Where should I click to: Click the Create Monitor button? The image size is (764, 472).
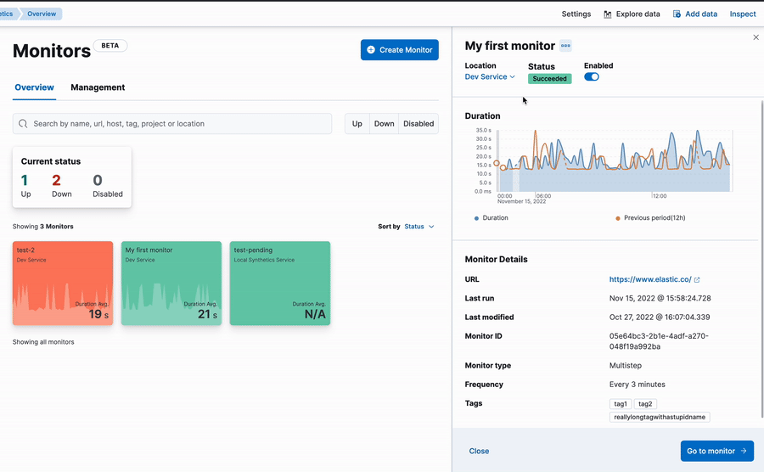tap(399, 50)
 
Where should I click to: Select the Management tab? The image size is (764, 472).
tap(98, 87)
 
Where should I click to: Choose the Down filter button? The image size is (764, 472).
tap(384, 124)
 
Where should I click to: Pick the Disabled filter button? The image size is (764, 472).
tap(419, 124)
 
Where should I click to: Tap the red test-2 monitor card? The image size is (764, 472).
tap(63, 283)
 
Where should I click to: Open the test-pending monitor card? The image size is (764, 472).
tap(280, 283)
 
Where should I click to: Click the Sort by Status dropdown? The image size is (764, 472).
tap(419, 227)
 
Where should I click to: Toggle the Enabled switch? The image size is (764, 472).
tap(592, 77)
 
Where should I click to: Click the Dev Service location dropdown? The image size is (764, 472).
tap(490, 77)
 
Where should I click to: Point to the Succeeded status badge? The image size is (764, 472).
tap(549, 79)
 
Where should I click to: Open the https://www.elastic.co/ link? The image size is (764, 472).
tap(650, 279)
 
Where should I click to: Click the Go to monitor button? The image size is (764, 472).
tap(716, 451)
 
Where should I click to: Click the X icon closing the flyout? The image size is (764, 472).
tap(756, 37)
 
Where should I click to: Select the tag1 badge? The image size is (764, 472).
tap(621, 404)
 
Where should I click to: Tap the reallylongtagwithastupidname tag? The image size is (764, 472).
tap(660, 418)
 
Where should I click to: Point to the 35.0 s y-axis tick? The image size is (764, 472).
tap(483, 130)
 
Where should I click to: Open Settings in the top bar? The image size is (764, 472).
tap(576, 14)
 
